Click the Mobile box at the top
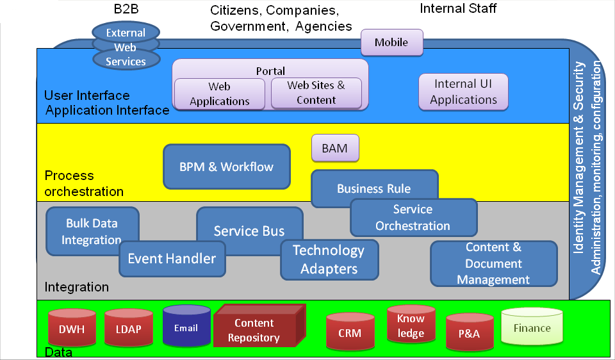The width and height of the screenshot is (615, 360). point(391,42)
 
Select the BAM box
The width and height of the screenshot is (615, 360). point(334,149)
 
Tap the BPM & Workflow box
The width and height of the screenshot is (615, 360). point(226,167)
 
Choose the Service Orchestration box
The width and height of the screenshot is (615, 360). point(413,218)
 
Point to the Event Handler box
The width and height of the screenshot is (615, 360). point(172,259)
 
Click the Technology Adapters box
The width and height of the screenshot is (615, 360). point(329,259)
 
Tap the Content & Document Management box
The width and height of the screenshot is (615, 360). point(493,263)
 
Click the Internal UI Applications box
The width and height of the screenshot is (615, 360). point(463,92)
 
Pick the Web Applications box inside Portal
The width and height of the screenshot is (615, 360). point(219,94)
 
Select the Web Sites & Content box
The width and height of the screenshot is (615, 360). point(316,93)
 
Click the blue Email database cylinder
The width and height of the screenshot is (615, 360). point(186,328)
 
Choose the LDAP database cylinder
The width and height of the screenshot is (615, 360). point(128,329)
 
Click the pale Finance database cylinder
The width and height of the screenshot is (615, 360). point(532,328)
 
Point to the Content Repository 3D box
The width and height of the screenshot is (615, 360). point(254,330)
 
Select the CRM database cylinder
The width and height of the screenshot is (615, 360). point(350,333)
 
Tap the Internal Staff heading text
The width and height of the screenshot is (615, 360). point(458,8)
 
